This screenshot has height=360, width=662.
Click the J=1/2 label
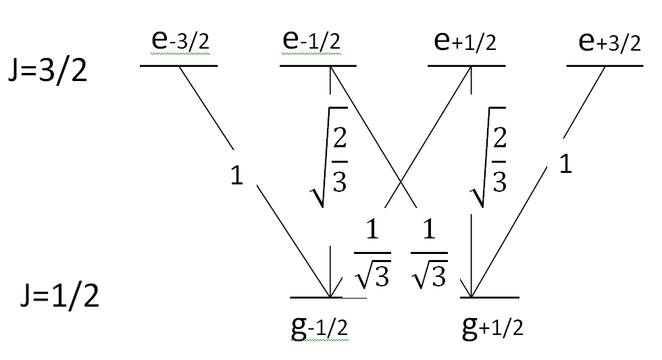pos(60,295)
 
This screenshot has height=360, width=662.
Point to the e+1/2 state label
pos(465,41)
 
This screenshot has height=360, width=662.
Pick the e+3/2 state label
pos(609,41)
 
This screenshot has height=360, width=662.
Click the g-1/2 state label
pos(319,327)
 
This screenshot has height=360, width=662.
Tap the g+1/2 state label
pos(492,327)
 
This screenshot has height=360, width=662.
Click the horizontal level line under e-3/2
pos(178,66)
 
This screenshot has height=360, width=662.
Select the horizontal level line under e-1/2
pos(318,66)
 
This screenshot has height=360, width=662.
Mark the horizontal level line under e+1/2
pos(467,66)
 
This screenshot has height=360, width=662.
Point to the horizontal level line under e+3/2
pos(605,66)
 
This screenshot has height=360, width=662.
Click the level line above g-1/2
pos(328,298)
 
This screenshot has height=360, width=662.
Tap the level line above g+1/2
pos(489,298)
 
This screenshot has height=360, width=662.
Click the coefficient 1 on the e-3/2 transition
pos(237,175)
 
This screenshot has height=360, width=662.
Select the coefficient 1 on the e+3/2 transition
pos(565,163)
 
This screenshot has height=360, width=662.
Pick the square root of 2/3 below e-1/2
pos(330,157)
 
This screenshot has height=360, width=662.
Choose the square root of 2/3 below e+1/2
pos(488,157)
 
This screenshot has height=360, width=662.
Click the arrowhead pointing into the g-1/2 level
pos(330,289)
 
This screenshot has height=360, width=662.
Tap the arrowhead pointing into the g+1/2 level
pos(470,289)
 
